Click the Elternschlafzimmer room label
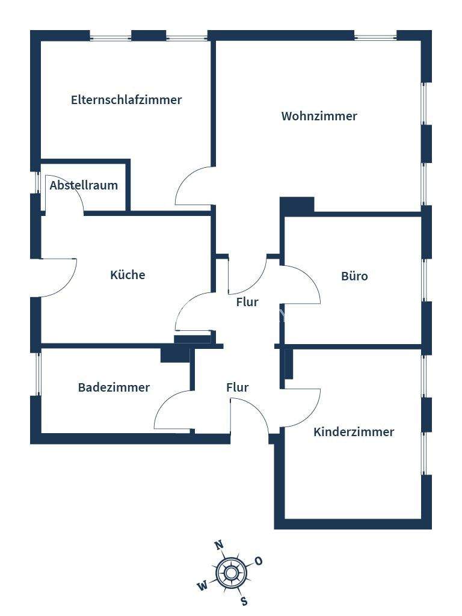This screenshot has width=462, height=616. (126, 100)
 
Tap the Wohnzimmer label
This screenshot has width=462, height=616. (319, 116)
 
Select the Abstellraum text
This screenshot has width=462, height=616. (84, 185)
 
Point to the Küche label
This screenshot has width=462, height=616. (128, 275)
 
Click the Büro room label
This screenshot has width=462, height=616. (354, 277)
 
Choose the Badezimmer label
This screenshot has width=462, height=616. (114, 387)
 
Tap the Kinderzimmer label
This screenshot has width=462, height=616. (354, 432)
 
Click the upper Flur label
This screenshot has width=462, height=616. (247, 302)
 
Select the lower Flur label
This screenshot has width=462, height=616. (237, 388)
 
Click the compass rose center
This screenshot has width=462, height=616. (230, 572)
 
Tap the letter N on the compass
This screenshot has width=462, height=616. (220, 546)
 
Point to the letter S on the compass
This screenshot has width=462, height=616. (244, 600)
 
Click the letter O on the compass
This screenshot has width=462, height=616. (259, 561)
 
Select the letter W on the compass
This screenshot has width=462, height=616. (202, 585)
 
